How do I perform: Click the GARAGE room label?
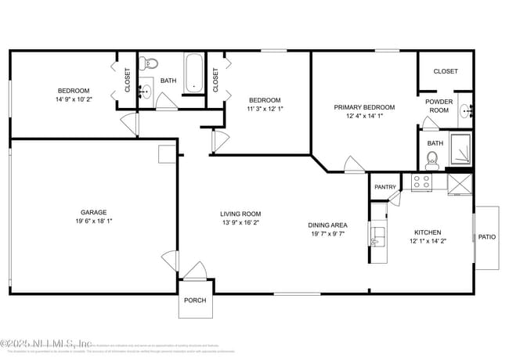(x=93, y=212)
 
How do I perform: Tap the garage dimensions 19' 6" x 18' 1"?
(x=93, y=221)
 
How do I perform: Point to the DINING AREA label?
(x=327, y=225)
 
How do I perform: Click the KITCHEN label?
(x=428, y=232)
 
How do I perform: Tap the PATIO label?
(x=487, y=236)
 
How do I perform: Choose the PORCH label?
(x=194, y=301)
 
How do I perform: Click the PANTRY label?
(x=385, y=187)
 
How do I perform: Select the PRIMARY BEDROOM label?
(x=364, y=107)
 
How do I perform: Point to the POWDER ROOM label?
(x=438, y=106)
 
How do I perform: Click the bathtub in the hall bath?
(x=193, y=73)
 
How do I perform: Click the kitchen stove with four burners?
(x=421, y=183)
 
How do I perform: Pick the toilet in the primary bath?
(x=432, y=161)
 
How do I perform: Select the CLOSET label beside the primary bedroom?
(x=446, y=71)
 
